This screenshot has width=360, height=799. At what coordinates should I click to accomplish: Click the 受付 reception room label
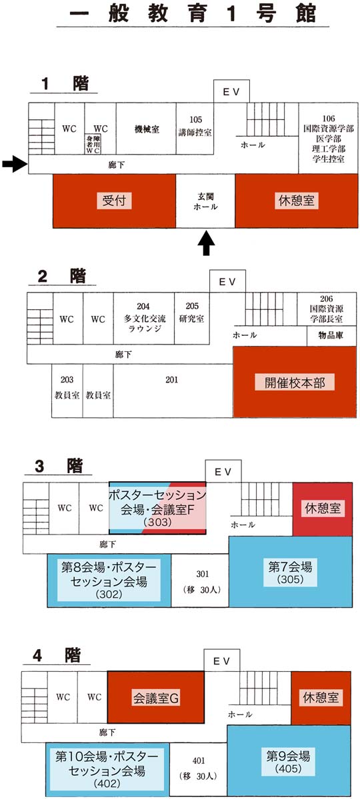click(x=114, y=201)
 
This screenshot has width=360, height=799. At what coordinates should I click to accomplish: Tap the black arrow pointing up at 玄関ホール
click(x=206, y=243)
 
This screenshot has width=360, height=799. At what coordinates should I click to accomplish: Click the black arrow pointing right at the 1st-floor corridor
click(x=14, y=163)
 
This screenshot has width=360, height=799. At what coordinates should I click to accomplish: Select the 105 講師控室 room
click(x=195, y=129)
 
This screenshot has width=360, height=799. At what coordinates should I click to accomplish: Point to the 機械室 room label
click(x=147, y=129)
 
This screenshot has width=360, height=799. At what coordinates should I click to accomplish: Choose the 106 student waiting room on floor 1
click(x=323, y=138)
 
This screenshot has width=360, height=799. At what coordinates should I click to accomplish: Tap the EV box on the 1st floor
click(x=231, y=91)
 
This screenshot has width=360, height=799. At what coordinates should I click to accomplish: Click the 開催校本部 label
click(x=294, y=383)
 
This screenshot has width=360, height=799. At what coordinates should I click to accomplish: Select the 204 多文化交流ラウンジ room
click(x=143, y=318)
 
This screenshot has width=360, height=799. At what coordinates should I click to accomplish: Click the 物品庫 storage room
click(x=331, y=336)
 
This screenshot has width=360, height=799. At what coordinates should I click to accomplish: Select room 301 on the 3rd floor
click(x=200, y=580)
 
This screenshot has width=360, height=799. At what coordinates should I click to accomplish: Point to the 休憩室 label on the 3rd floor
click(x=322, y=508)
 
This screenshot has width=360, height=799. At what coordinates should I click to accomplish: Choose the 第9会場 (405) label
click(x=289, y=761)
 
